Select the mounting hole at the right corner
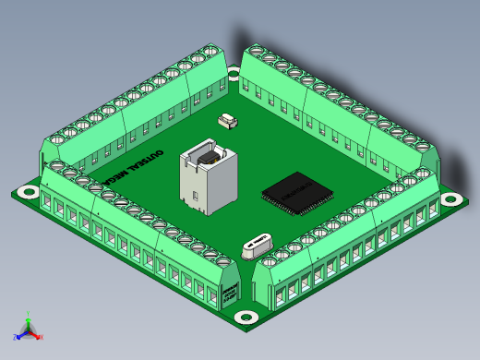451,198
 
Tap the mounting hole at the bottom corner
246,317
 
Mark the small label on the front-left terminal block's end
228,296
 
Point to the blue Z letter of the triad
15,338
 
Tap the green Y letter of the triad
29,312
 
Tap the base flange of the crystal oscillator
258,250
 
